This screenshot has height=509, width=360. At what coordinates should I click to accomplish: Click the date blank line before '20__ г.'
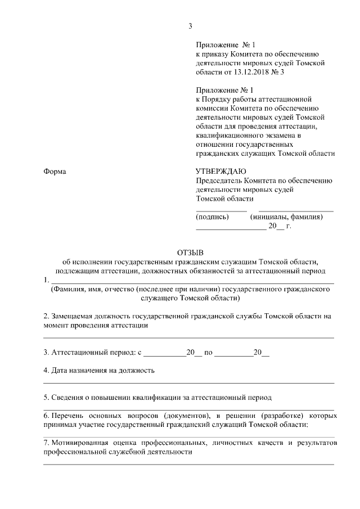[x=231, y=229]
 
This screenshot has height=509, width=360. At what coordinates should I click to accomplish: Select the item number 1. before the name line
[x=47, y=280]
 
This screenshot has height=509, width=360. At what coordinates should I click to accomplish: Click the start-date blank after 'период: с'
[x=164, y=355]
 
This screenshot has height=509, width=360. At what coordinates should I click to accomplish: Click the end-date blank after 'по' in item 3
[x=233, y=355]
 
